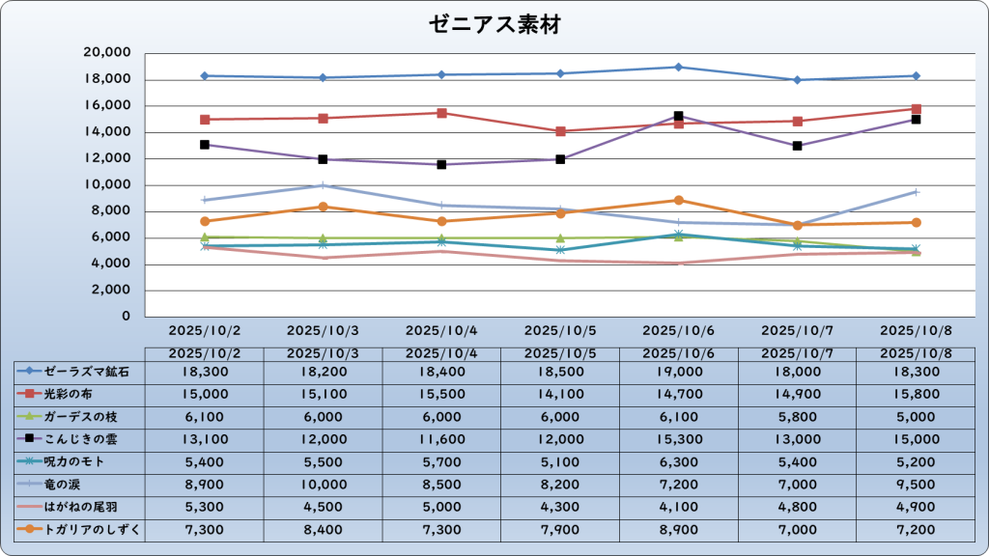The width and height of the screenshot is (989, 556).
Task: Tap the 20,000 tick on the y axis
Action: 107,53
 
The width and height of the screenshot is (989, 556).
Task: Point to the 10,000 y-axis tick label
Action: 107,185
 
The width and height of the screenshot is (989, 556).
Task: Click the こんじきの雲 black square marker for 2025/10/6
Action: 679,117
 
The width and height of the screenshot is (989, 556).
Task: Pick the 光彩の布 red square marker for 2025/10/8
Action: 916,109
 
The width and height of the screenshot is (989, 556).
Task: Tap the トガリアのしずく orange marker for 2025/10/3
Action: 323,207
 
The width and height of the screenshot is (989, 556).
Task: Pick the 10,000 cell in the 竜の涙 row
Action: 323,484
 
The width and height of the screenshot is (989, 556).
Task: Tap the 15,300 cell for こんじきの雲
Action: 679,439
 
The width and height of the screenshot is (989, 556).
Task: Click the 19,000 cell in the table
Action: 679,371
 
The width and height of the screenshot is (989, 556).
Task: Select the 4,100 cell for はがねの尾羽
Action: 679,507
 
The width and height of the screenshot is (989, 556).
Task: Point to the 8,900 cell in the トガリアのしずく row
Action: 679,529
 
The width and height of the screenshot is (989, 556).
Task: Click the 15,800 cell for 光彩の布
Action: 916,394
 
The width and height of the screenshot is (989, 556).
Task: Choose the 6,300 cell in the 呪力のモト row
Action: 679,461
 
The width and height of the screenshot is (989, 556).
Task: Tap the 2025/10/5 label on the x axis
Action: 560,330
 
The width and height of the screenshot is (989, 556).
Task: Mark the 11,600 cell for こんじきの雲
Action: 441,439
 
